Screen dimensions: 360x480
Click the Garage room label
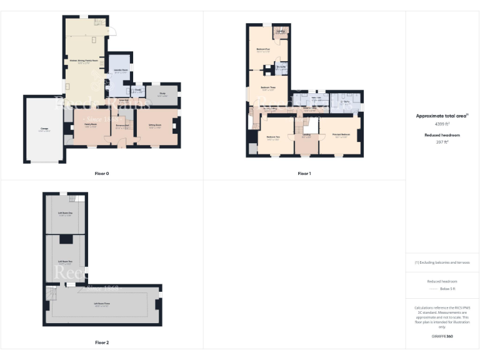pos(44,129)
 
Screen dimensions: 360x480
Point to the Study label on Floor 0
pos(162,94)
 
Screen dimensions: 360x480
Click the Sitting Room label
pos(156,126)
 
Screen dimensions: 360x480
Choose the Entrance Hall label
pos(122,126)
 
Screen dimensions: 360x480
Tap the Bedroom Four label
pos(263,49)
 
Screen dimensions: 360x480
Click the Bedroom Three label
pos(268,87)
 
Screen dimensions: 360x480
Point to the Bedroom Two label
pos(272,137)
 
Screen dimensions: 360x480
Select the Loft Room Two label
pos(65,262)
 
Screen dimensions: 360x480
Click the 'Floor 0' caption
pos(102,173)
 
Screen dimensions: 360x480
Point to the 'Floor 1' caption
pos(304,173)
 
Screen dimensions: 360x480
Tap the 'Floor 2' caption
pos(102,342)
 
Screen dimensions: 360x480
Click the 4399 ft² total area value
pos(442,124)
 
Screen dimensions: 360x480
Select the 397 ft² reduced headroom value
pos(442,142)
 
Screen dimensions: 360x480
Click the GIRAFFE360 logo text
pos(442,336)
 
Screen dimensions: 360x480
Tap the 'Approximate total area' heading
pos(441,116)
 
